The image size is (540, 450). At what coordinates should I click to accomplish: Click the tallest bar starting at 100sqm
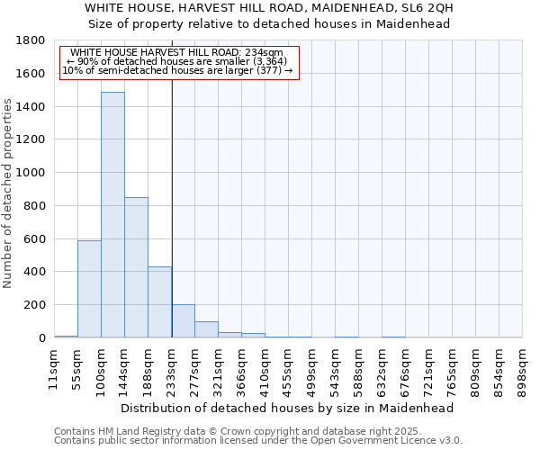pyautogui.click(x=112, y=215)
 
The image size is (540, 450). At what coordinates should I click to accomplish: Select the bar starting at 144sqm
pyautogui.click(x=136, y=267)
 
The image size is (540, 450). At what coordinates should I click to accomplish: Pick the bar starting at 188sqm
pyautogui.click(x=159, y=302)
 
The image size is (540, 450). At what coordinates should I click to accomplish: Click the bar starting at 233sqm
pyautogui.click(x=183, y=321)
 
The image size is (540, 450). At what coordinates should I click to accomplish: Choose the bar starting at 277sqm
pyautogui.click(x=206, y=329)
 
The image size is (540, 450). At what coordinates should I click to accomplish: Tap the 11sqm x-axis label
pyautogui.click(x=54, y=368)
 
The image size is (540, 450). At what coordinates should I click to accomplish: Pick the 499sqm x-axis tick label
pyautogui.click(x=312, y=368)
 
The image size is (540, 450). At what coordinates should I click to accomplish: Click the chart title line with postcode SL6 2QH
pyautogui.click(x=270, y=8)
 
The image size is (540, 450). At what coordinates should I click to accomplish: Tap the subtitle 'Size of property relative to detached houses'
pyautogui.click(x=270, y=24)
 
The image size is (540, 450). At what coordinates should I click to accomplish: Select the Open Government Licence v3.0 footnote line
pyautogui.click(x=258, y=441)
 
